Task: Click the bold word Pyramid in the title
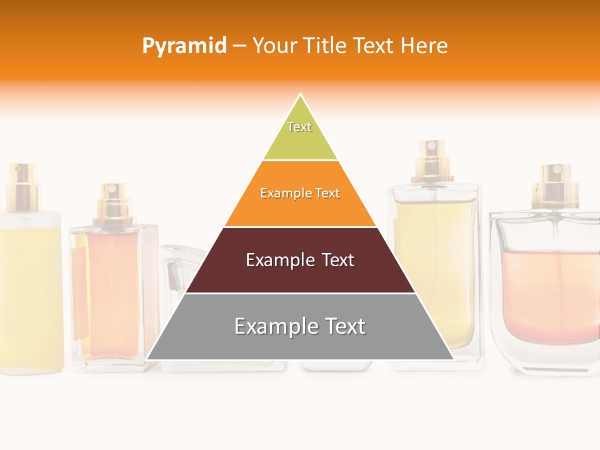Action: point(184,46)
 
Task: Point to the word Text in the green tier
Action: point(299,127)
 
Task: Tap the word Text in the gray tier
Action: point(341,326)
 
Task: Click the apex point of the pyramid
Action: point(301,96)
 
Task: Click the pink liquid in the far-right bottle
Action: point(550,294)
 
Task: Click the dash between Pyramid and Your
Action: point(240,46)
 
